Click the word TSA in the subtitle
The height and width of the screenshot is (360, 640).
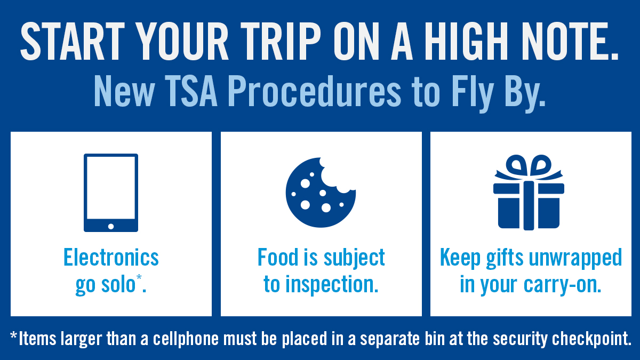191,91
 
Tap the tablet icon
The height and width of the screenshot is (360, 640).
111,193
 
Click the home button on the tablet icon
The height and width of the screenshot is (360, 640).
111,227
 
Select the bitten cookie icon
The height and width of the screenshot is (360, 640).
321,193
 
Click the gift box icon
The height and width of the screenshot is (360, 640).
529,193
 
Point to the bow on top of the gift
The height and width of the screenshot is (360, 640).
529,167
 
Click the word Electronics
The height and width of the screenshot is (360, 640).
111,258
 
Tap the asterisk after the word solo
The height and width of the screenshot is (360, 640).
139,277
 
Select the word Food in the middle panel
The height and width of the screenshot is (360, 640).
278,258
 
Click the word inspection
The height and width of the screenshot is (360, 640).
332,285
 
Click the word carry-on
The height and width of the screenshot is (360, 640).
563,285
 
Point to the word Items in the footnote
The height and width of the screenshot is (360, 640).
37,339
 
